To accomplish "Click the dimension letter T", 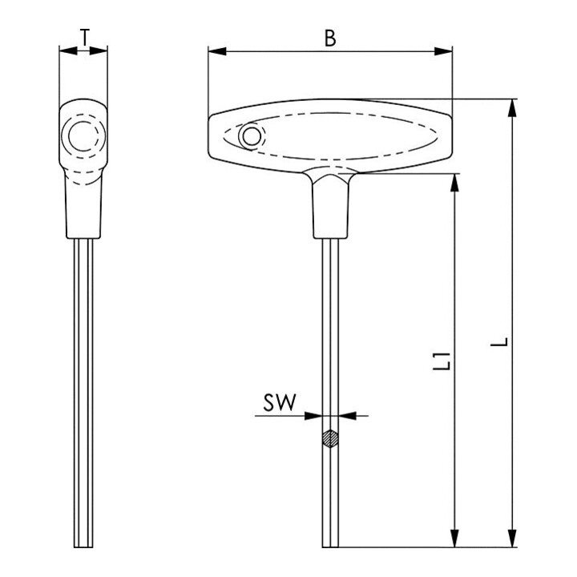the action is tap(85, 37).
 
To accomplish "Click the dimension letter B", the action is tap(330, 38).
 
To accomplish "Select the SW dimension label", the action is tap(280, 402).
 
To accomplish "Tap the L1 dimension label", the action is tap(442, 361).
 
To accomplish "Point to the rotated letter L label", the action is tap(499, 342).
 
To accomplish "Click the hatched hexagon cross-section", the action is tap(330, 438).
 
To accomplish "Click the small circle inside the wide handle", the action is tap(252, 136).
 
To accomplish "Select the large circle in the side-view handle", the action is tap(83, 135).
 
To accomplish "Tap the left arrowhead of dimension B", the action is tap(217, 51).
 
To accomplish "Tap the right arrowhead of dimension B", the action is tap(443, 51).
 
